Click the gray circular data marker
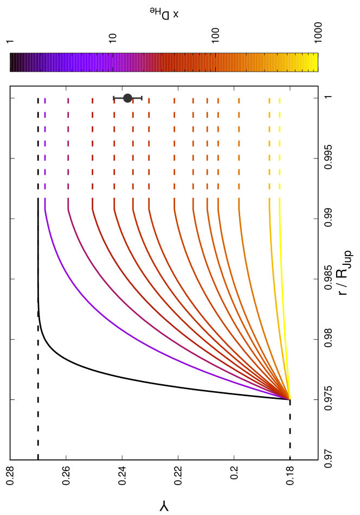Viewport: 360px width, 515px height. [x=127, y=98]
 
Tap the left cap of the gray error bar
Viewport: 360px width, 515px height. [x=114, y=98]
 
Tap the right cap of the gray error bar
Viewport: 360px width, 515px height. [x=142, y=98]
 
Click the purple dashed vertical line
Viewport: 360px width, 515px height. [x=45, y=144]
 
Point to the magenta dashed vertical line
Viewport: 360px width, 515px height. [x=68, y=144]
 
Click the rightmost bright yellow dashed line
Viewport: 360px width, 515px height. [x=280, y=144]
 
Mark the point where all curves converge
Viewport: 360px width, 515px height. [x=290, y=399]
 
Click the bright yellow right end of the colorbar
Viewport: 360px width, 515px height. [x=313, y=62]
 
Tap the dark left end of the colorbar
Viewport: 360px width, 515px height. [x=15, y=62]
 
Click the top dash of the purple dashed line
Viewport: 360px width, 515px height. [x=45, y=100]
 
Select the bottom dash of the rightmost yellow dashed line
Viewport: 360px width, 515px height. [x=280, y=186]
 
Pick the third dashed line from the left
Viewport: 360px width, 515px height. [x=92, y=144]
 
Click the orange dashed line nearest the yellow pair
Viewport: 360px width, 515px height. [x=239, y=144]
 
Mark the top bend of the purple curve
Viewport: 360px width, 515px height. [x=46, y=212]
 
